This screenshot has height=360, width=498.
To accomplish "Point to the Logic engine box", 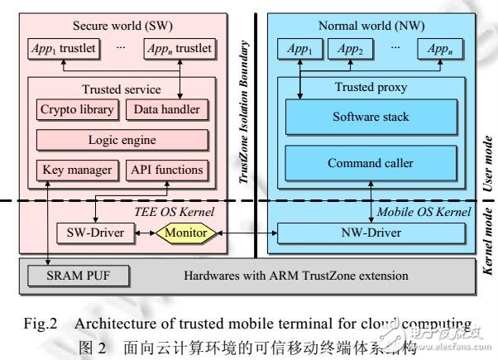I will click(122, 140).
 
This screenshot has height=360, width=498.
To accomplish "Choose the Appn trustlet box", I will click(178, 49).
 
